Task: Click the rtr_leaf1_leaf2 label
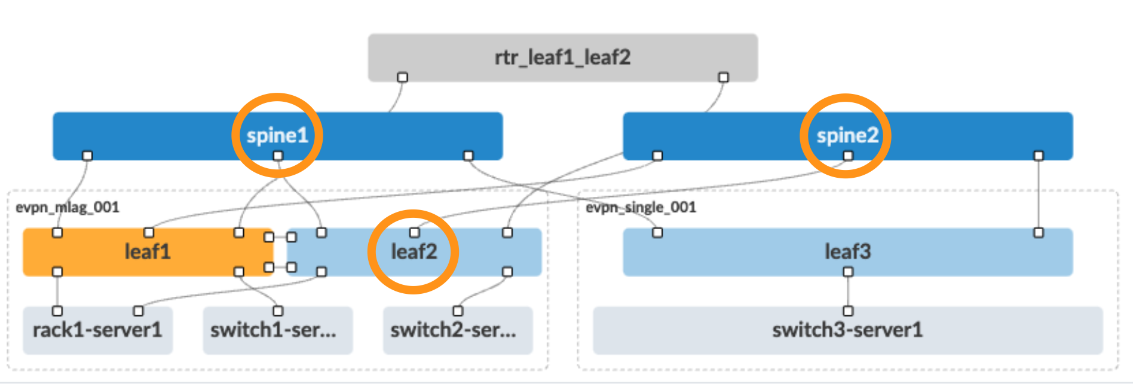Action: (x=562, y=57)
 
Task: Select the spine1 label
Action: (x=277, y=135)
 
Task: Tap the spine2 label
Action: (x=847, y=135)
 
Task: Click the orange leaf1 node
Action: (x=147, y=252)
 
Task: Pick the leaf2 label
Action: (x=414, y=252)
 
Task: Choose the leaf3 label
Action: (x=847, y=252)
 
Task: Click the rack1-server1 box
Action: (x=97, y=331)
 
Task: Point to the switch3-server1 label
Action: (x=847, y=330)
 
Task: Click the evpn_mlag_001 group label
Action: (x=68, y=208)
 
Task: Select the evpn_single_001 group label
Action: (x=641, y=208)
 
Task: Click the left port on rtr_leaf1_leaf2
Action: (x=403, y=77)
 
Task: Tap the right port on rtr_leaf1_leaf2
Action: (x=723, y=77)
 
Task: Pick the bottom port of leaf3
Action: (x=847, y=272)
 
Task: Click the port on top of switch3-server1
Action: (x=847, y=311)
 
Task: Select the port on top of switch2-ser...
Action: (x=458, y=311)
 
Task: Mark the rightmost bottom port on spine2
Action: (x=1039, y=156)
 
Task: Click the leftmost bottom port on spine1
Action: (x=87, y=156)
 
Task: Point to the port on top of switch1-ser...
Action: (x=278, y=311)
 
